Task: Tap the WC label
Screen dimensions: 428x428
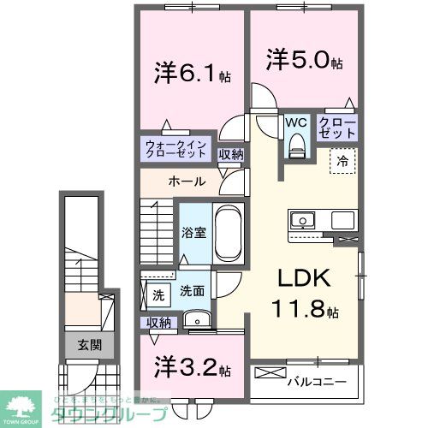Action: coord(296,122)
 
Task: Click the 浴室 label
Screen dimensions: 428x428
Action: coord(191,232)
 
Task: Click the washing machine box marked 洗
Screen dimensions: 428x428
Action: coord(158,294)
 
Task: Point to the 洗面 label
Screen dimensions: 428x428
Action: coord(192,291)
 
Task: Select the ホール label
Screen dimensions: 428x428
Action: coord(186,181)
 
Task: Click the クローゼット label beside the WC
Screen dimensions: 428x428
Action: coord(339,128)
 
